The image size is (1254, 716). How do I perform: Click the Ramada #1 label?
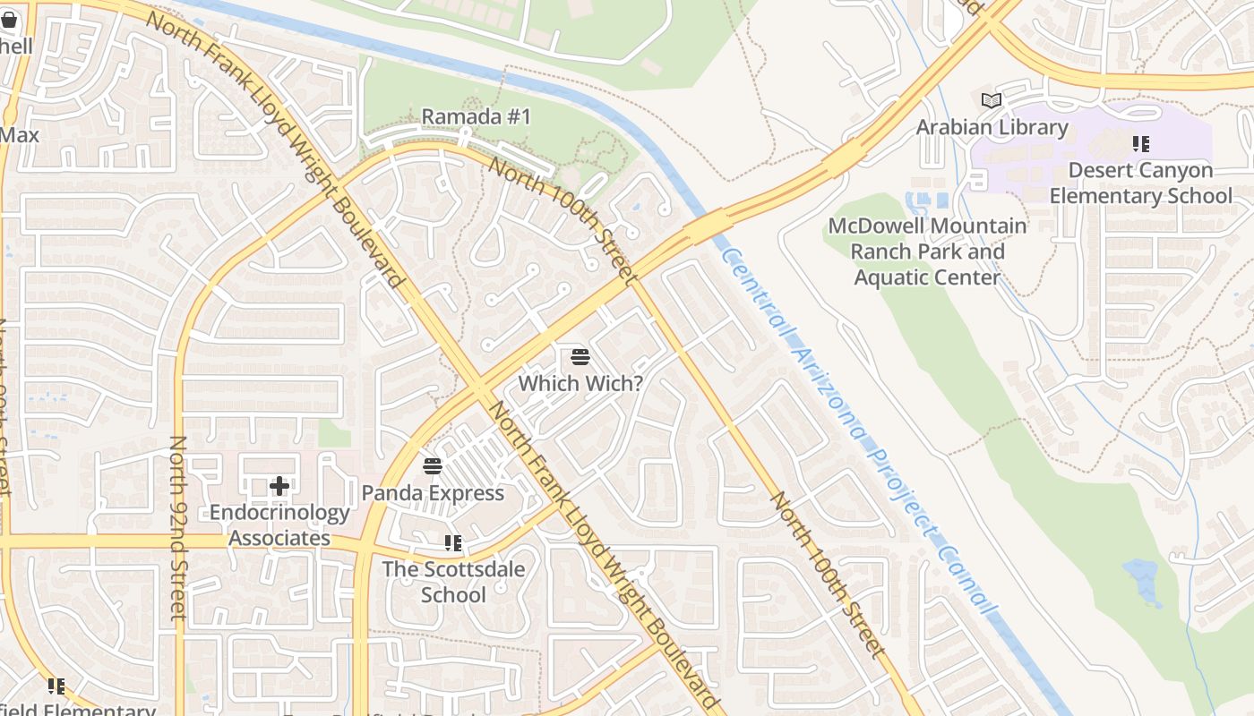(476, 116)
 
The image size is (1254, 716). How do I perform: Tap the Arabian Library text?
(992, 127)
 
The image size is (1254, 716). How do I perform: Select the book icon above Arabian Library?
(992, 100)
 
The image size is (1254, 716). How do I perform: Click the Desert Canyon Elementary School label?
(1140, 183)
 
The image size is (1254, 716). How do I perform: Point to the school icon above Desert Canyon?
(1140, 143)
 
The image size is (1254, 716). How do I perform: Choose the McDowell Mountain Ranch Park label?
(927, 251)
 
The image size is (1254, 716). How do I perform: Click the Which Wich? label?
(580, 383)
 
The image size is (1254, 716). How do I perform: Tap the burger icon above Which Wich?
(580, 358)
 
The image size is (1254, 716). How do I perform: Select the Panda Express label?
(433, 492)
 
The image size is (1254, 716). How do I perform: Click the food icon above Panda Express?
(433, 466)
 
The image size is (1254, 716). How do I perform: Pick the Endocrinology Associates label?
(279, 525)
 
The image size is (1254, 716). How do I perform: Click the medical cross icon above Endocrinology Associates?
(279, 486)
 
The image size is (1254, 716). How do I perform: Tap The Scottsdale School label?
(453, 582)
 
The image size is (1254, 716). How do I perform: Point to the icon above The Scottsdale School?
(453, 543)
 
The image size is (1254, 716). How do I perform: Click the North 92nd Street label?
(177, 528)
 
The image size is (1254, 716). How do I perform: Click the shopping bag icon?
(9, 20)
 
